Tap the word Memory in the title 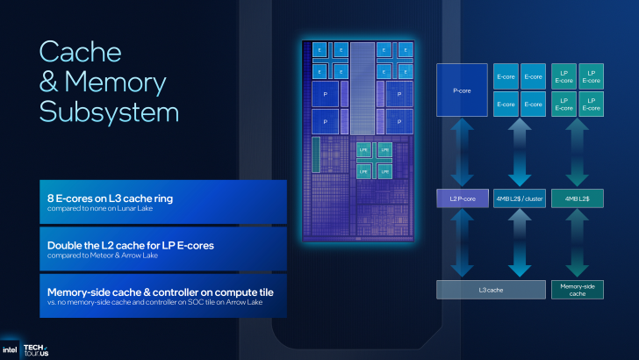[113, 82]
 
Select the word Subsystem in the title [109, 112]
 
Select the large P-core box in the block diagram [462, 90]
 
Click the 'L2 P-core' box [462, 198]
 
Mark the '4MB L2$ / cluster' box [520, 198]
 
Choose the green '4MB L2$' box [577, 198]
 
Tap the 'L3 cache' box [490, 290]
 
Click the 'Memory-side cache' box [577, 290]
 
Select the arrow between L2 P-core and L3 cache [462, 243]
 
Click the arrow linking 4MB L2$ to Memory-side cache [577, 243]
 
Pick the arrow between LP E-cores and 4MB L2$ [577, 152]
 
